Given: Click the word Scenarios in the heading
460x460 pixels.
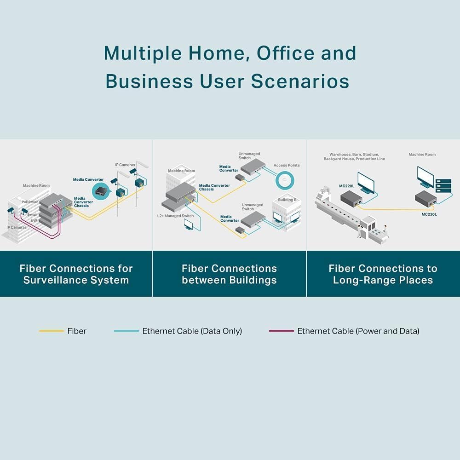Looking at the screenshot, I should (x=300, y=81).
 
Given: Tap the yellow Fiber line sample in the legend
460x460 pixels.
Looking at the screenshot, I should (x=51, y=331).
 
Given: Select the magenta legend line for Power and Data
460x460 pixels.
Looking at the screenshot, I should (x=281, y=331).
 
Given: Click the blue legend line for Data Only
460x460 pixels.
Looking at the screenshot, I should (x=126, y=331).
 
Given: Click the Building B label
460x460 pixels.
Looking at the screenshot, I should (x=287, y=200).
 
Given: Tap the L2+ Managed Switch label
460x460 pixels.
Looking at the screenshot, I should (x=175, y=216).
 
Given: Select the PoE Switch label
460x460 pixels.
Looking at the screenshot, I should (x=30, y=201).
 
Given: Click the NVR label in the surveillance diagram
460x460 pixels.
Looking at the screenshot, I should (x=34, y=221).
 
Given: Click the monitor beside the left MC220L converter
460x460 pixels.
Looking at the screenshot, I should (x=367, y=183).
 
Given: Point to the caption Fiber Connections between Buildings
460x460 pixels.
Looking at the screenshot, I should (x=229, y=274).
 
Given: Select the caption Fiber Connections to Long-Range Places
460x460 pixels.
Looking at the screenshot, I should (x=383, y=274).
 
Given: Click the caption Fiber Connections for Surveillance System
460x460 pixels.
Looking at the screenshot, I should (x=76, y=274).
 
